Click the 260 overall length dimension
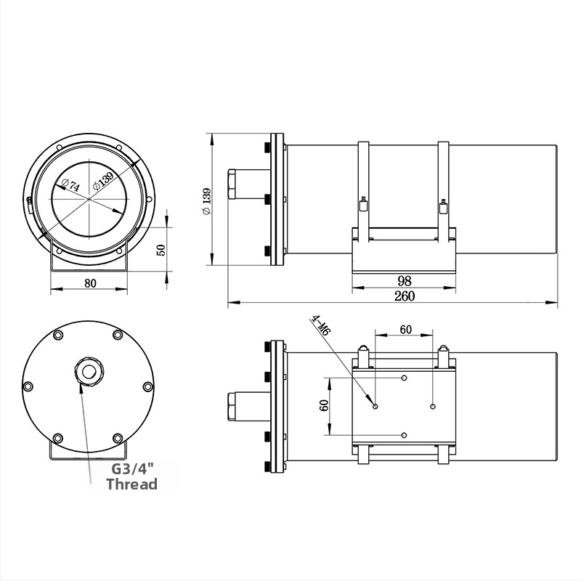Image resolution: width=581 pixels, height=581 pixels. tap(405, 296)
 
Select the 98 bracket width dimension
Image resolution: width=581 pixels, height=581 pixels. tap(405, 281)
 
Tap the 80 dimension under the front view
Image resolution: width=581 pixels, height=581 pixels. tap(90, 283)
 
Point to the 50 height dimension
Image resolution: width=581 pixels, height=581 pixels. tap(161, 250)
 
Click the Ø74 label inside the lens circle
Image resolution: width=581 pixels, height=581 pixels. tap(70, 184)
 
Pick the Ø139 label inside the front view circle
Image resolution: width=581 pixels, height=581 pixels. tap(103, 181)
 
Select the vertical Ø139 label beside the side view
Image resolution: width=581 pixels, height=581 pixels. tap(206, 201)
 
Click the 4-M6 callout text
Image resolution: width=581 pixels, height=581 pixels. tap(321, 325)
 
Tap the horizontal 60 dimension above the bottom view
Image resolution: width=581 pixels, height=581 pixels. tap(406, 330)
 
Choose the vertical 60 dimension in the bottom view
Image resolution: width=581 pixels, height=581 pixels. tap(323, 405)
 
